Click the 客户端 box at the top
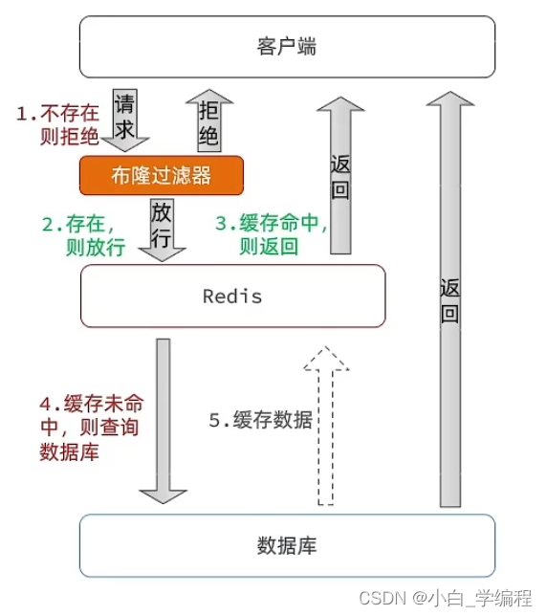(x=287, y=47)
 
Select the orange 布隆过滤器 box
(x=162, y=175)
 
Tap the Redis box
(x=233, y=296)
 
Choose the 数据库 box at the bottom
(x=287, y=545)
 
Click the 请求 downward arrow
(x=125, y=121)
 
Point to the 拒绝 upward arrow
(x=209, y=121)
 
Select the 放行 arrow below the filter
(x=162, y=230)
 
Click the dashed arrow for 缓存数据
(x=325, y=426)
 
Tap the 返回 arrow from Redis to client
(x=340, y=175)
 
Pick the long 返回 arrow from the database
(x=450, y=299)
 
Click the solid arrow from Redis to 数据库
(x=164, y=421)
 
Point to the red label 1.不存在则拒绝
(x=57, y=125)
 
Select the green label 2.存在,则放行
(x=83, y=235)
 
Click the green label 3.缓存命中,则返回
(x=272, y=234)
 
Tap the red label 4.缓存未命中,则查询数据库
(x=92, y=428)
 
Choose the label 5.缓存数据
(x=261, y=420)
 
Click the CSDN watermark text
(x=446, y=598)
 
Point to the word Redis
(x=232, y=297)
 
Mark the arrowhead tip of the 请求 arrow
(x=125, y=152)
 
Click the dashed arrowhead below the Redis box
(x=326, y=358)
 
